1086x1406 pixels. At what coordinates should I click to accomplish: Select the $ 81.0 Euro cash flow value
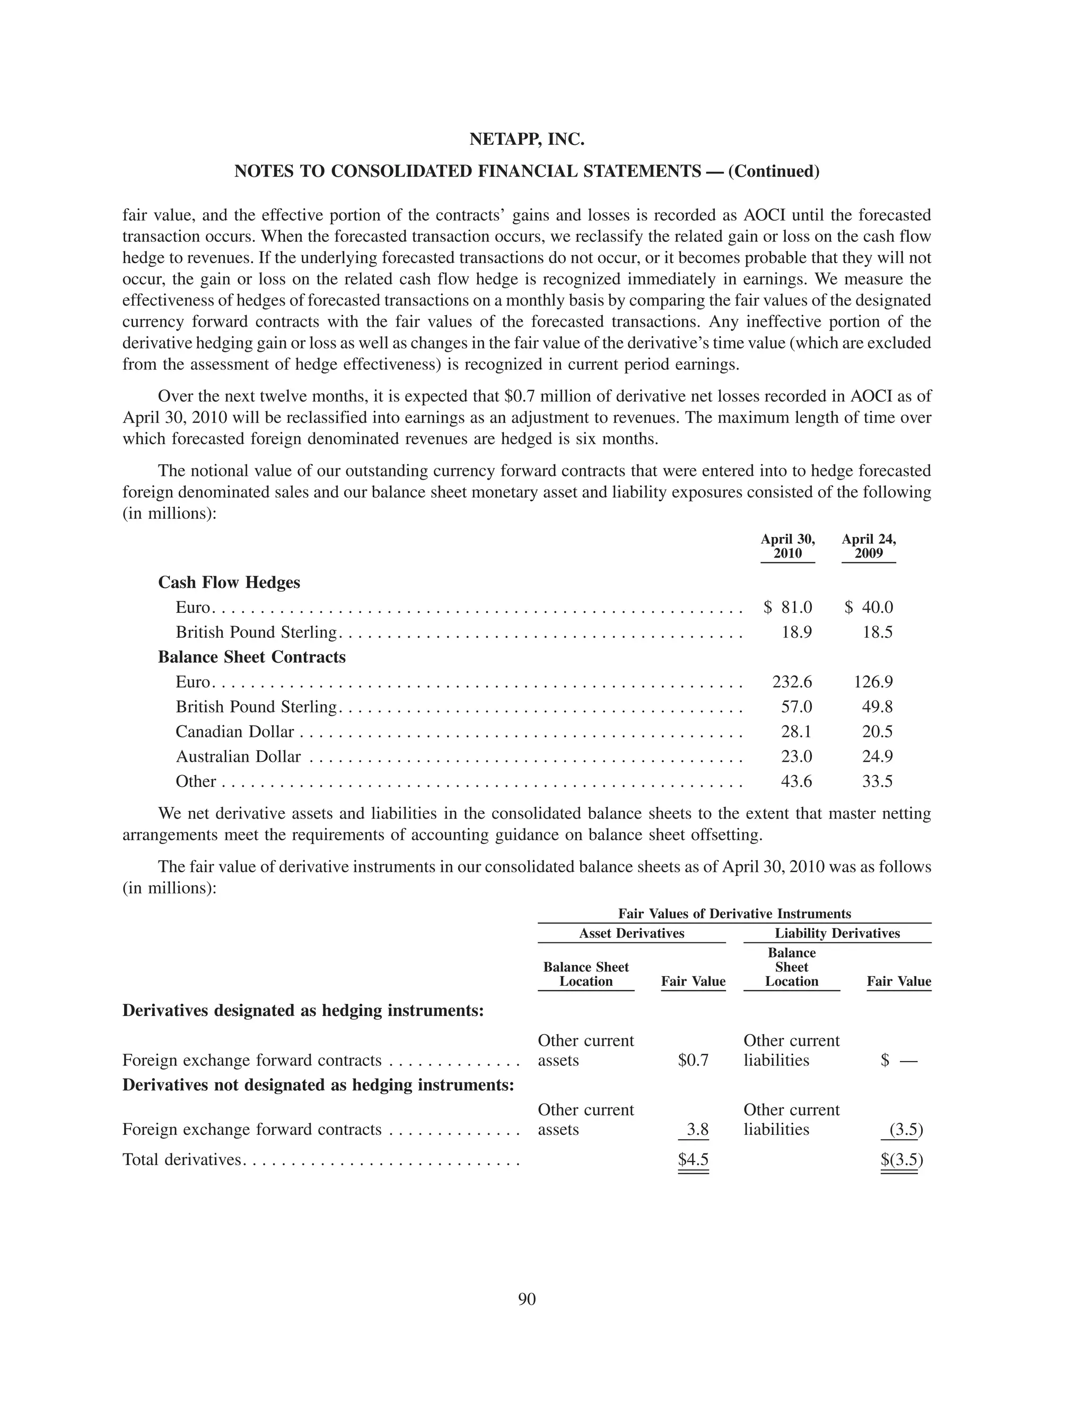(788, 607)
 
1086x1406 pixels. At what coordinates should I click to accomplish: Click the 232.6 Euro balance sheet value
(792, 682)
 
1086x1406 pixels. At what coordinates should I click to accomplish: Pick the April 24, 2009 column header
(869, 546)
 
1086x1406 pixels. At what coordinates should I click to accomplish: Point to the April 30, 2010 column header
(787, 546)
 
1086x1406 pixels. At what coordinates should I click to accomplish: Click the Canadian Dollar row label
(235, 731)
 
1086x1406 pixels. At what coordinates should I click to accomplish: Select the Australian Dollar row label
(238, 757)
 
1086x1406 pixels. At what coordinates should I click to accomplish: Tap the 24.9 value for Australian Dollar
(877, 757)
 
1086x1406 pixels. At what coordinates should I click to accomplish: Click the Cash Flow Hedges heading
(229, 583)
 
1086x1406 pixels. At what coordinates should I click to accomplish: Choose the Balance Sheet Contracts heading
(251, 657)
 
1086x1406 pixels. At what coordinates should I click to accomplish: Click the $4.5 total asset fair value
(693, 1159)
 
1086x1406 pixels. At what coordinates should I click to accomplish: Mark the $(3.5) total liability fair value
(901, 1159)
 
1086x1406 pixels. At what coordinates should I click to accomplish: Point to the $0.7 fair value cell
(693, 1060)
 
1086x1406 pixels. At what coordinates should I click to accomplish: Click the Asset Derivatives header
(631, 933)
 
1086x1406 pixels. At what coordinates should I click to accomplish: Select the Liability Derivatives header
(837, 933)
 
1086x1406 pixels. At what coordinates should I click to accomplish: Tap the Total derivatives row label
(181, 1159)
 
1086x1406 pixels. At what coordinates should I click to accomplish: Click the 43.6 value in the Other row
(796, 782)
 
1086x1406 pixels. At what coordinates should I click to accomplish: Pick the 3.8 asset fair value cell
(697, 1129)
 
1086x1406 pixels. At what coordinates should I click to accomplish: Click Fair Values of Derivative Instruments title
(734, 914)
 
